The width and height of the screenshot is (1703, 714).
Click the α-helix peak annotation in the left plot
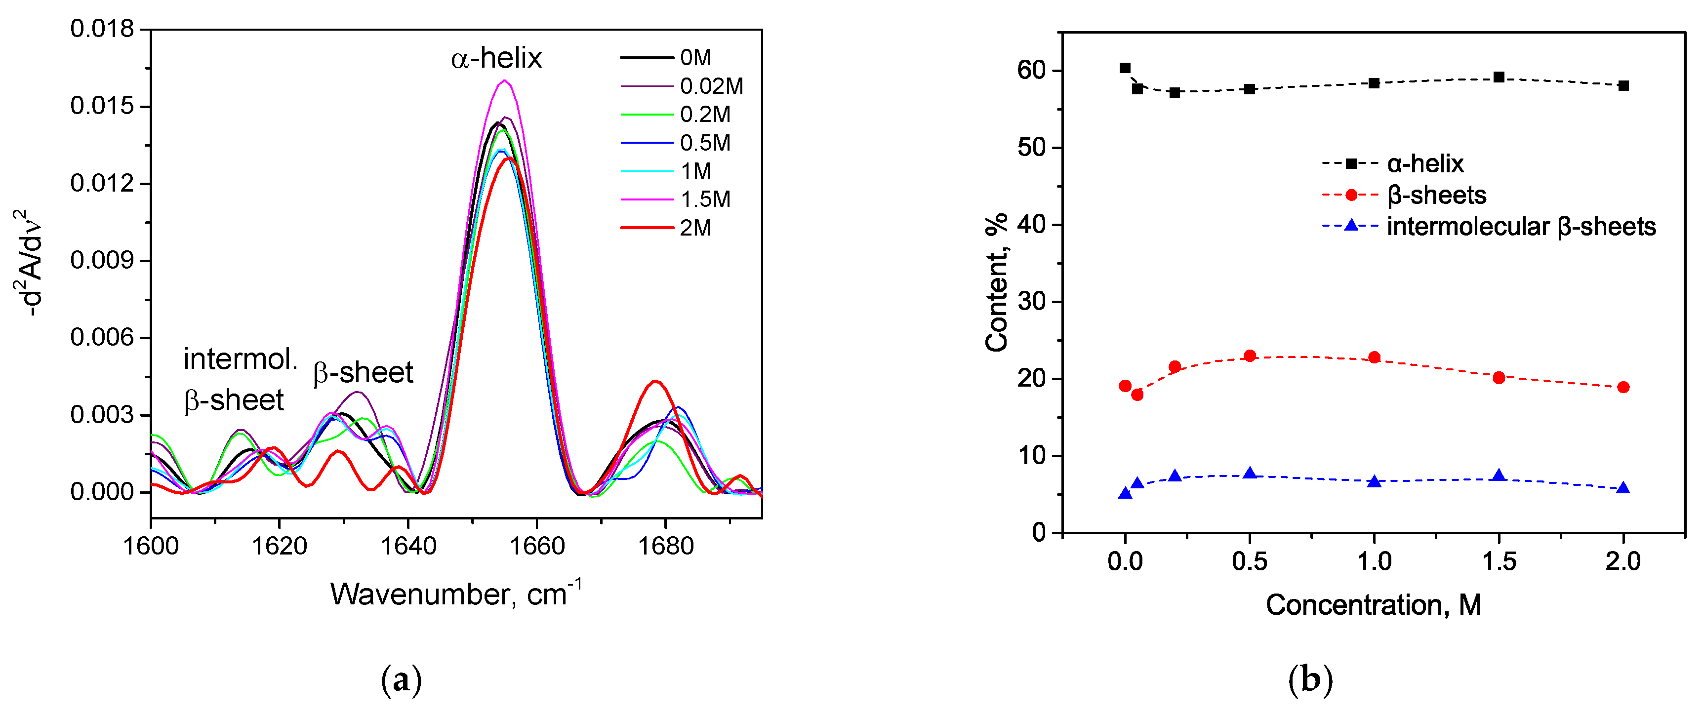(496, 59)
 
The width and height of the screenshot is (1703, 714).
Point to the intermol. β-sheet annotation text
(240, 380)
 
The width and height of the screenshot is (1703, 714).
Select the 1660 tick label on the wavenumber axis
(536, 547)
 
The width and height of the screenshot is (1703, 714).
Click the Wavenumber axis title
(455, 594)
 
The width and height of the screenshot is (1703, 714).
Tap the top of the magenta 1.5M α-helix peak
(504, 80)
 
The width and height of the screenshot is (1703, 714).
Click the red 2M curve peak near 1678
(655, 382)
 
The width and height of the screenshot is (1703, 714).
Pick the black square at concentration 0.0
(1125, 68)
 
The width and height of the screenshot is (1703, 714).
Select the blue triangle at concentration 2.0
(1623, 488)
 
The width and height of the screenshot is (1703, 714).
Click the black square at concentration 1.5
(1499, 78)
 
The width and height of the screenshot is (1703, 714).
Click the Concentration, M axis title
(1373, 605)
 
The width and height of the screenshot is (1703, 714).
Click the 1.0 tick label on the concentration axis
(1374, 562)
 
